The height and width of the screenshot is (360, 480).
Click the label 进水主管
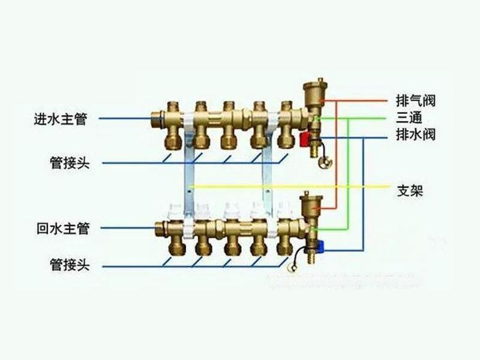(x=61, y=119)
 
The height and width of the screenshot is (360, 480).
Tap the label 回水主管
(x=62, y=229)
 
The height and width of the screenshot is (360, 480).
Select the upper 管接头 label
(x=70, y=163)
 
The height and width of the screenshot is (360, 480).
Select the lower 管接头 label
(x=70, y=265)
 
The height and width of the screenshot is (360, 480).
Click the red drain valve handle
(x=304, y=140)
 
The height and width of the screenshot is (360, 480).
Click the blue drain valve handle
(x=322, y=245)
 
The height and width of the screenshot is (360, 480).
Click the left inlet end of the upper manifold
(x=157, y=118)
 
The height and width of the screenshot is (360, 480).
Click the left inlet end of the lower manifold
(x=160, y=229)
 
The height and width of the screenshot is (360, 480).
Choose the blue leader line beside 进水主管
(x=123, y=119)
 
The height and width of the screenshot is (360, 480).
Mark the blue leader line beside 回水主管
(x=126, y=229)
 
